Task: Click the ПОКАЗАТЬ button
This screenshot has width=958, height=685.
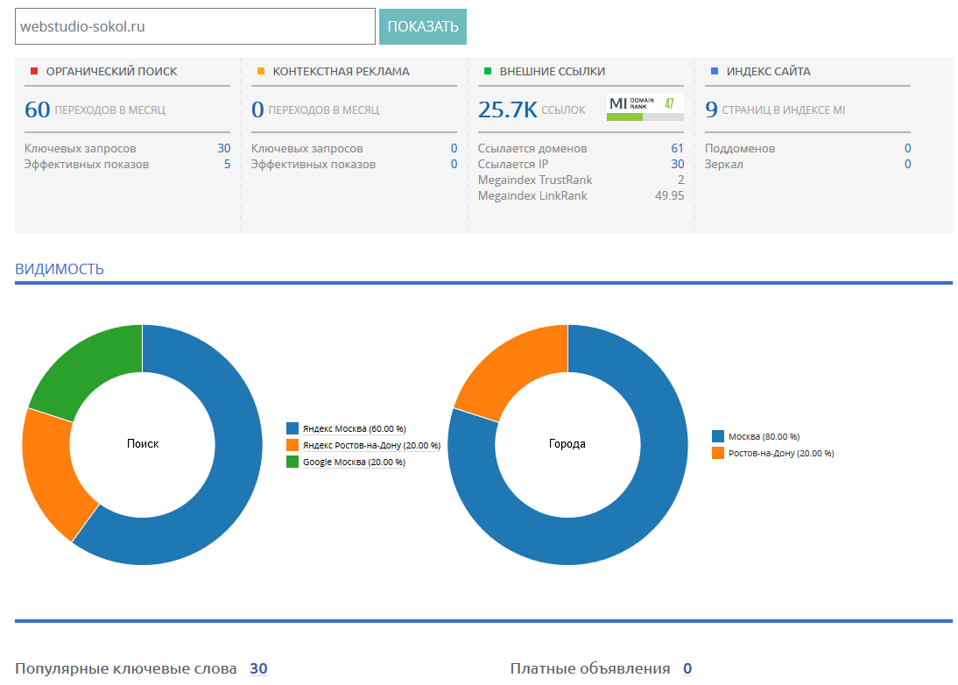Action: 423,26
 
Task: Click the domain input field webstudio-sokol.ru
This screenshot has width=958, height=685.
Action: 195,26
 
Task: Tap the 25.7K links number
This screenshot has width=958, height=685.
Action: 508,110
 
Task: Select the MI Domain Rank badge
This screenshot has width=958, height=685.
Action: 645,108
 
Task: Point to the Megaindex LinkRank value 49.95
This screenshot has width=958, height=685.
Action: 670,195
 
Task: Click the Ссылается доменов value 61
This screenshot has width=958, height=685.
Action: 677,149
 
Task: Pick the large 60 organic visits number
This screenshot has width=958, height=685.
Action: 38,110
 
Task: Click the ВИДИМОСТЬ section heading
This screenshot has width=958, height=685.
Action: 60,269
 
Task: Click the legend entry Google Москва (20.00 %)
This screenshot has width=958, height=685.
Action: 346,462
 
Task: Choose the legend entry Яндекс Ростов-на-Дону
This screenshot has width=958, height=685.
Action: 363,446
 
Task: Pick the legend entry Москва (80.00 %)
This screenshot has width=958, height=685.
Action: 756,436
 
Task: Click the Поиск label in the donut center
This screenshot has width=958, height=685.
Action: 143,443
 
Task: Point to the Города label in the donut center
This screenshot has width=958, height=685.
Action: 567,443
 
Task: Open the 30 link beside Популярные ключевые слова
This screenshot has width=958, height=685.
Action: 258,668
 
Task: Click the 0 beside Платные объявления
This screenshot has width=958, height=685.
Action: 687,668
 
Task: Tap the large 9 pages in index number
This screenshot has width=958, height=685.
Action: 711,110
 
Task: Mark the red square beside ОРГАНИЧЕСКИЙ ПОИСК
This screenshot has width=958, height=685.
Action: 34,72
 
